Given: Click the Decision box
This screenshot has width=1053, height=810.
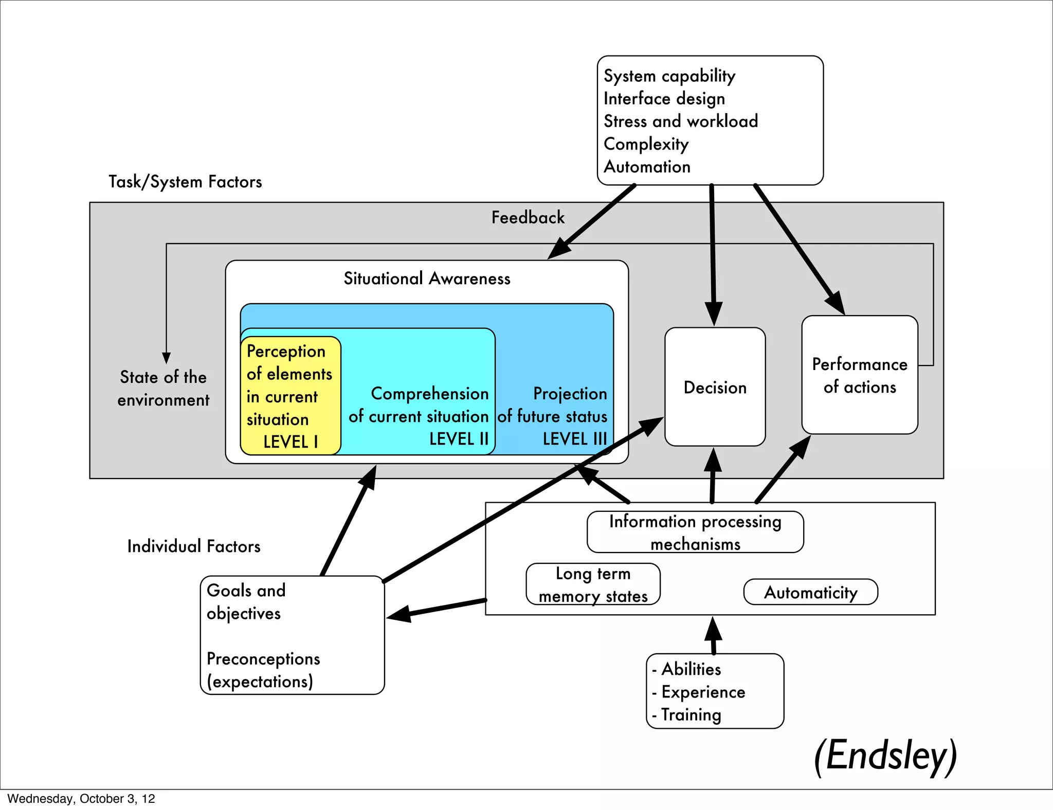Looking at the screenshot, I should [715, 387].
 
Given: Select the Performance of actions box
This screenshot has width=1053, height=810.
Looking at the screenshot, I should [859, 375].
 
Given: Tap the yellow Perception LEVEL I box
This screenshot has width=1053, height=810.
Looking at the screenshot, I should [290, 396].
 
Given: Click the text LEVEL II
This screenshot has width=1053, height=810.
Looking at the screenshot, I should [459, 439].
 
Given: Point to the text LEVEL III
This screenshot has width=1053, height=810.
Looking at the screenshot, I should [575, 439].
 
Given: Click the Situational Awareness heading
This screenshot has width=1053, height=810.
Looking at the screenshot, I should [427, 279].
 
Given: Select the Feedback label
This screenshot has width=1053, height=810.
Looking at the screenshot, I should [528, 217].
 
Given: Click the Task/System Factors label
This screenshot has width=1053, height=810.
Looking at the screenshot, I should [185, 181].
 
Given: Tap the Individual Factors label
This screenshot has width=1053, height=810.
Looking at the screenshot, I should [194, 546].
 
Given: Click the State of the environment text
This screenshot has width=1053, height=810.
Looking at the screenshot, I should [163, 388].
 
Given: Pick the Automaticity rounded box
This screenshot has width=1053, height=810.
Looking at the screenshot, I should [810, 592].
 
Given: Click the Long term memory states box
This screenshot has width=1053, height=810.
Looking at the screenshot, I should [593, 584].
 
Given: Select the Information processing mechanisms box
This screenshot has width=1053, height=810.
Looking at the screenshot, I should [695, 532].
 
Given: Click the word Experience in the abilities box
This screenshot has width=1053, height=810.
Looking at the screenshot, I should [703, 692].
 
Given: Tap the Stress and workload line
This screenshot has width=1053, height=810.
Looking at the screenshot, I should [680, 121].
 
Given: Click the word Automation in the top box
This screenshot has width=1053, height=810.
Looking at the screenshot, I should [647, 167].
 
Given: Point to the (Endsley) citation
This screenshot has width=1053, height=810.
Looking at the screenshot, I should [885, 755].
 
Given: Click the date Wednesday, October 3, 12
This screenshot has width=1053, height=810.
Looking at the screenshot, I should [81, 799].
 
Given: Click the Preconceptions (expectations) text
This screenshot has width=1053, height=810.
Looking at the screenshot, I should [263, 670].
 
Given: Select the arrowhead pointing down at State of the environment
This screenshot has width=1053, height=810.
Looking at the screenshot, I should [166, 358].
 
